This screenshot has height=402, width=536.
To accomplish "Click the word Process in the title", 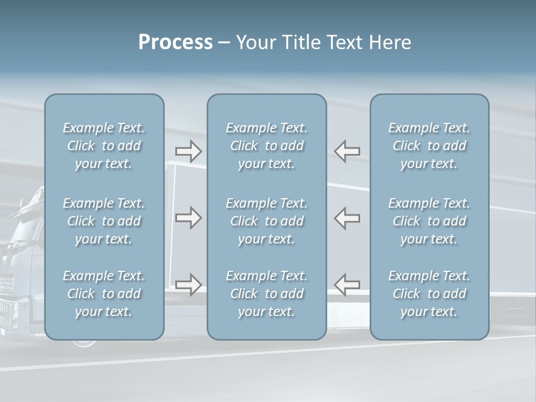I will point(175,42).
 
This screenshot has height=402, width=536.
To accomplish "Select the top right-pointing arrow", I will point(189,151).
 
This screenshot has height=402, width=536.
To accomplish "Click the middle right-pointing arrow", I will point(189,218).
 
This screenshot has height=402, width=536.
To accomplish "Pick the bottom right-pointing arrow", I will point(189,284).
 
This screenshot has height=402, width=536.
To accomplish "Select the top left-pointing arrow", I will point(347,151).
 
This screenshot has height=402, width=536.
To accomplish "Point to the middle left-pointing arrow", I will point(347,218).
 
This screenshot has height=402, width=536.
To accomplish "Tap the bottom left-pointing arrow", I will point(347,284).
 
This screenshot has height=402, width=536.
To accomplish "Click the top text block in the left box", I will point(104,146).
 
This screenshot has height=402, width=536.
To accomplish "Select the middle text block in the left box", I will point(104,221).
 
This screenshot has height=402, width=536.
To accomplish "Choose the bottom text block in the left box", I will point(104,294).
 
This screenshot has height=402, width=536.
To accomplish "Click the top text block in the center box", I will point(267,146).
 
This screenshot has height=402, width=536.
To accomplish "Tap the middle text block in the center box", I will point(267,221).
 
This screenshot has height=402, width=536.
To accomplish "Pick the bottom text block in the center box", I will point(267,294).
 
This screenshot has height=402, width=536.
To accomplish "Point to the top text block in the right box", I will point(429,146).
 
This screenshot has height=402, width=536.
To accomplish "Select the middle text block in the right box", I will point(429,221).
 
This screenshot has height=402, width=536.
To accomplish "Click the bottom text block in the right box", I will point(429,294).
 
